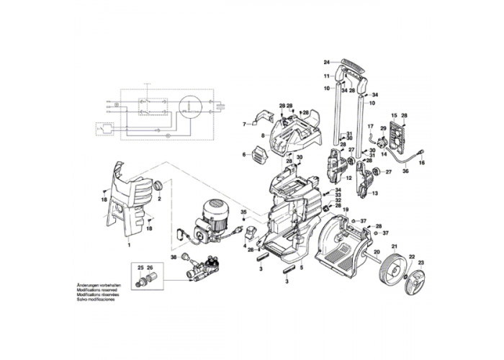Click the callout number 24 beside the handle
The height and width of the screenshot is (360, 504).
(x=326, y=62)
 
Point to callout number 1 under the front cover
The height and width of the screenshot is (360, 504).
(x=129, y=246)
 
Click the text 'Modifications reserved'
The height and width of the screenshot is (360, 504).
(x=96, y=290)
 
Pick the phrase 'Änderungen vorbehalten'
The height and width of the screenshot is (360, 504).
(x=97, y=286)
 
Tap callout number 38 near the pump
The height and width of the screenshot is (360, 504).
(x=174, y=257)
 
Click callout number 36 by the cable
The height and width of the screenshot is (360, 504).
(x=405, y=171)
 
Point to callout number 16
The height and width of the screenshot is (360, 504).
(x=423, y=163)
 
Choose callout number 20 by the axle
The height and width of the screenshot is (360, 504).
(x=376, y=252)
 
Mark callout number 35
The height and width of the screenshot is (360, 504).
(x=244, y=212)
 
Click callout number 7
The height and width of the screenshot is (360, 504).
(x=244, y=124)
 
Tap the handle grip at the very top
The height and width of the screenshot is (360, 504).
(x=351, y=62)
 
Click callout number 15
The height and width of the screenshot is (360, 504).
(x=394, y=116)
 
